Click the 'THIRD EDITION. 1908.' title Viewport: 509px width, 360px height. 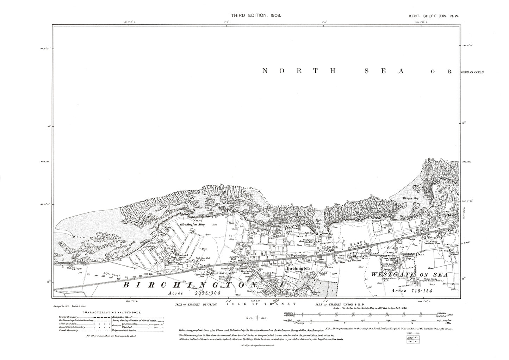point(255,15)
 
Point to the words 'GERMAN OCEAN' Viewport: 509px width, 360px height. point(472,72)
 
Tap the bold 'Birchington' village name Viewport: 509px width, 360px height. point(298,268)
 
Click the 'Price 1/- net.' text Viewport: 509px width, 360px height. point(256,318)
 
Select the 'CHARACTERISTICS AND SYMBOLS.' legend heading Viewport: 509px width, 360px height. point(112,312)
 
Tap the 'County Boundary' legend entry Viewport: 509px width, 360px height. point(69,317)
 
